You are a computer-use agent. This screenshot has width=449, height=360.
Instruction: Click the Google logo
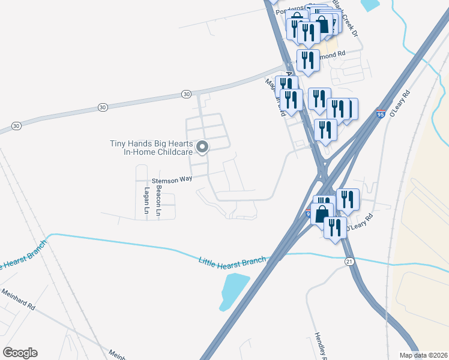[x=20, y=353]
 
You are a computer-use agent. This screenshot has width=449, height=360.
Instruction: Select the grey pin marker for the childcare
[x=203, y=146]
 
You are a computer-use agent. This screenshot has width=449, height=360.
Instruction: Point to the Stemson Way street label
[x=172, y=179]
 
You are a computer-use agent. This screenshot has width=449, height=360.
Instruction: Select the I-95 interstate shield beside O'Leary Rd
[x=381, y=115]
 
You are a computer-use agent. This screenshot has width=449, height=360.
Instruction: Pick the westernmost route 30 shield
[x=16, y=126]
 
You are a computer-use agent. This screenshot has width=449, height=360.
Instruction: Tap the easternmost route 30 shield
[x=187, y=94]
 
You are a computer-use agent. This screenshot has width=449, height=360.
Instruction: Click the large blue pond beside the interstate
[x=235, y=290]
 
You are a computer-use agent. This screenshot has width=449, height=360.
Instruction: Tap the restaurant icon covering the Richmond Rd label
[x=308, y=61]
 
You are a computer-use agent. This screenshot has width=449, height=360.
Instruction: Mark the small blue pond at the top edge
[x=370, y=5]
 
